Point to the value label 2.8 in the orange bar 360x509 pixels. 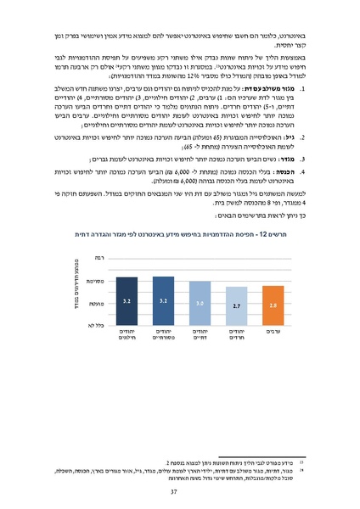coord(273,303)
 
